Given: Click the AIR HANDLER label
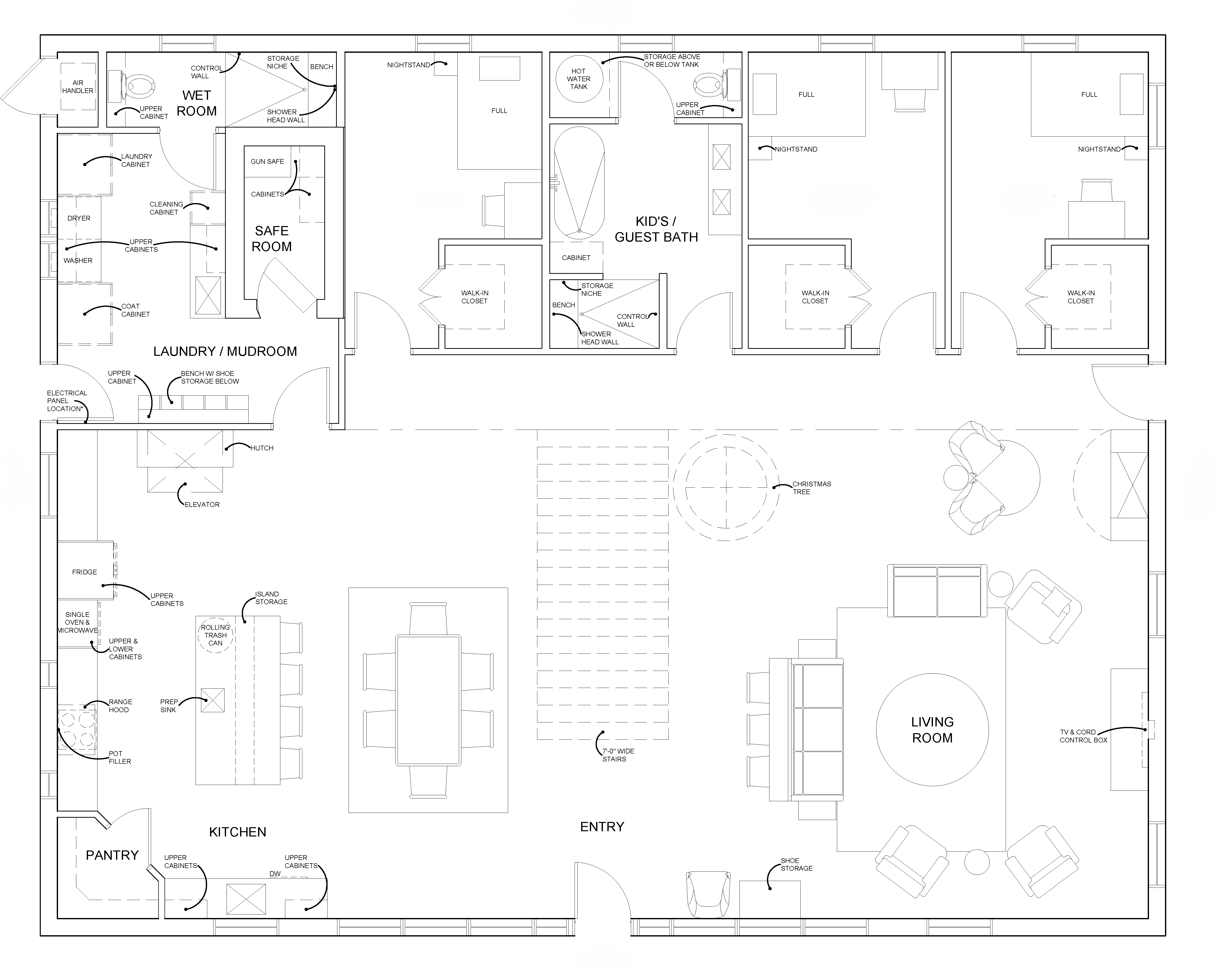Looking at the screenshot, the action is click(78, 87).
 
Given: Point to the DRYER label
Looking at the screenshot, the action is click(79, 219).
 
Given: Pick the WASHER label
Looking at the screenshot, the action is click(78, 261).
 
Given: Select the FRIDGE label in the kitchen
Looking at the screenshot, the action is click(85, 572).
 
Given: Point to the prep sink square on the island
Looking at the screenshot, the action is click(213, 700).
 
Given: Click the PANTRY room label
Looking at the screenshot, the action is click(112, 855).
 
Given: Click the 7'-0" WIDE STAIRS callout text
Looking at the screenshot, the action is click(618, 755).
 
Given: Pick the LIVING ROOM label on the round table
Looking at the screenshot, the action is click(932, 730).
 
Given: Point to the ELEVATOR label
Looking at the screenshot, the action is click(202, 505).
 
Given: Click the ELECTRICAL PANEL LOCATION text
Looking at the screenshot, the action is click(67, 401).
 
